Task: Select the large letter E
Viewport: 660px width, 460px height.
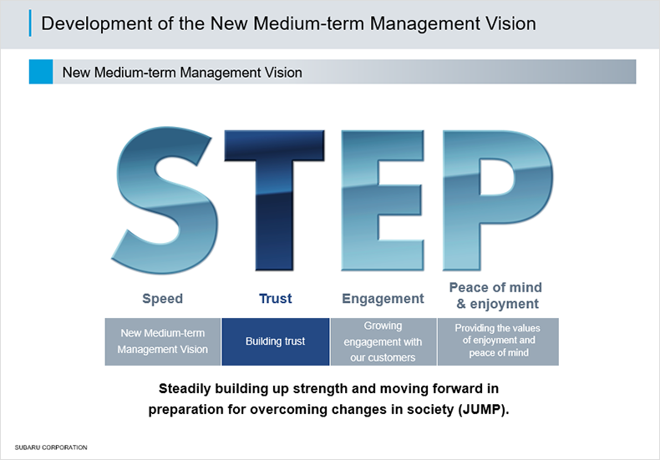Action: point(382,200)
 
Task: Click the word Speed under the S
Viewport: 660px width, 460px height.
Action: point(162,299)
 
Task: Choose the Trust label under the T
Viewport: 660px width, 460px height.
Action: point(276,299)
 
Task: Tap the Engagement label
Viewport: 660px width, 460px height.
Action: point(383,299)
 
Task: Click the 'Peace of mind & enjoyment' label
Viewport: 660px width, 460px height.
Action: point(496,296)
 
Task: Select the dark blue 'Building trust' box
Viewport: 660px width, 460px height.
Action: point(276,341)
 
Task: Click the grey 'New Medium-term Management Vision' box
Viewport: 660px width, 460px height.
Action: point(162,341)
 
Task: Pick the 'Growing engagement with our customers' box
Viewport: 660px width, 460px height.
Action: point(383,341)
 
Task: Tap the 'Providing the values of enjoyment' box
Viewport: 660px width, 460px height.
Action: point(499,341)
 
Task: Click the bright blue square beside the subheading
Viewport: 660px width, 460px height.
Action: point(41,72)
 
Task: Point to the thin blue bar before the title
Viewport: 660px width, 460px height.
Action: point(30,23)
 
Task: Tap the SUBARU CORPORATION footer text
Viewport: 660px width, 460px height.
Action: point(51,447)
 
